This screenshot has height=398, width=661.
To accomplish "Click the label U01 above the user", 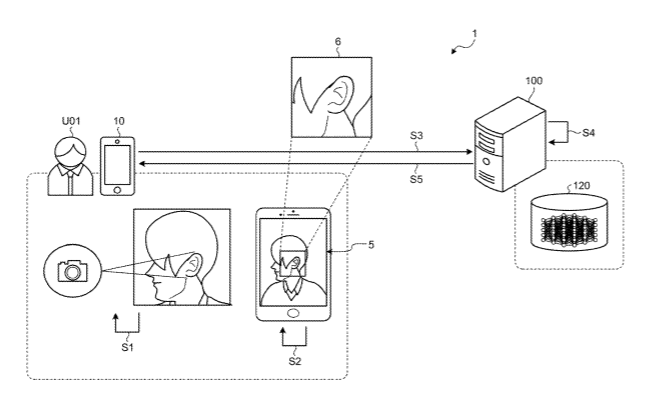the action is point(71,121).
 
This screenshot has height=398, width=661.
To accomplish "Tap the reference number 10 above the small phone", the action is point(119,121).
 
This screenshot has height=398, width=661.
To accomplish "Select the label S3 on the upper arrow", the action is point(416,135).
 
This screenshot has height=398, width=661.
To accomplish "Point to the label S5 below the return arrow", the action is point(416,179).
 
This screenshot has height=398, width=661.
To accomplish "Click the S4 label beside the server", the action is point(588,133).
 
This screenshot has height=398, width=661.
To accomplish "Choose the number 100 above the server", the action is point(534,81).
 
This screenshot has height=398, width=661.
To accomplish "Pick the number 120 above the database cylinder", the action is point(581,186).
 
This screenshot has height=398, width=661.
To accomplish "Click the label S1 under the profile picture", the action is point(127,347).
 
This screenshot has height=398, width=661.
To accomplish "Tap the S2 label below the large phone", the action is point(295,361).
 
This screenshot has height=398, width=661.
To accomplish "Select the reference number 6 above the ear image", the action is point(338,41).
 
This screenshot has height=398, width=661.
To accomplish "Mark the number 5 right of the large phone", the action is point(371,245).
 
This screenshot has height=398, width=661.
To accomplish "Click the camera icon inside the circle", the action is point(73,271).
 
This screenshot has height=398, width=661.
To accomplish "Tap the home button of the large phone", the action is point(293,313).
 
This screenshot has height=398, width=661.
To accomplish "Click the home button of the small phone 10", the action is point(117,190).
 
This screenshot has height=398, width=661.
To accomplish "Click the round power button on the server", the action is point(486,161).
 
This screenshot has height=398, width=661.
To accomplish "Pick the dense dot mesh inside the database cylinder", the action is point(569,230).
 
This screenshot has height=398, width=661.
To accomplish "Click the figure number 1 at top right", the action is point(474,33).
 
